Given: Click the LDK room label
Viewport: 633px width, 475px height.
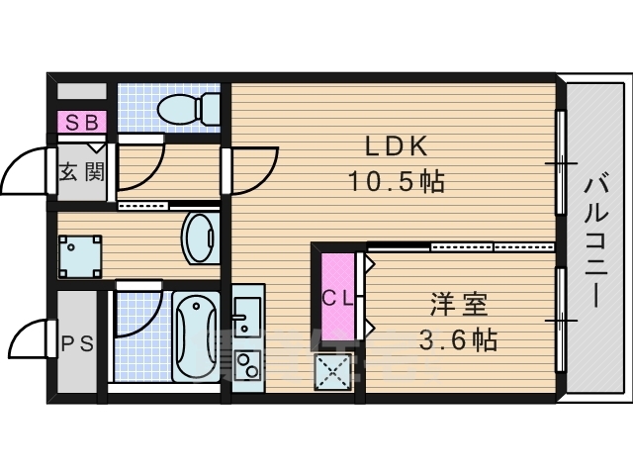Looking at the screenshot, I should click(396, 147).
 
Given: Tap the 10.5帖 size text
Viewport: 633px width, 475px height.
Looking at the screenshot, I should click(395, 182).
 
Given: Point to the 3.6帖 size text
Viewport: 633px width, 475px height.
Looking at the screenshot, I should click(457, 340).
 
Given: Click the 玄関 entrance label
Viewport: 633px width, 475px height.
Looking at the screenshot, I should click(80, 171).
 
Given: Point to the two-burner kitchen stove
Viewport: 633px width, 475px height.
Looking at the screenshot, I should click(246, 366).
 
